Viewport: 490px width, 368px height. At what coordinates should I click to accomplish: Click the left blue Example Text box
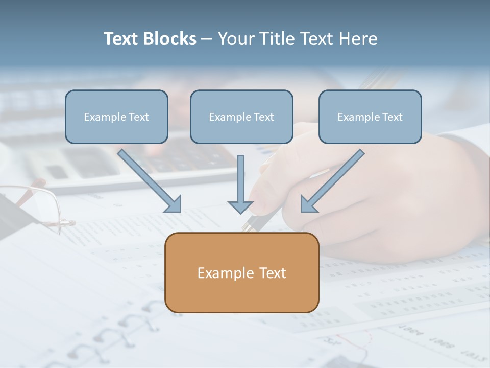pyautogui.click(x=116, y=117)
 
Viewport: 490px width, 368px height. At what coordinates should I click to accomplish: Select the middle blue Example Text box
pyautogui.click(x=241, y=117)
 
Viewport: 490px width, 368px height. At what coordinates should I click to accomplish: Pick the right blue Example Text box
pyautogui.click(x=370, y=117)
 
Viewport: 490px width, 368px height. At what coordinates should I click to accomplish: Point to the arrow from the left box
pyautogui.click(x=148, y=179)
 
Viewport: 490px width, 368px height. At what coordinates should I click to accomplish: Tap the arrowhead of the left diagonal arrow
pyautogui.click(x=174, y=204)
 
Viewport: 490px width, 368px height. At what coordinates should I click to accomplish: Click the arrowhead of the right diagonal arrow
pyautogui.click(x=308, y=204)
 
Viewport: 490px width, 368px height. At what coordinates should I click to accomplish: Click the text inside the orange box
pyautogui.click(x=241, y=273)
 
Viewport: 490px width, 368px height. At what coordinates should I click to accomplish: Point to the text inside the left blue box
pyautogui.click(x=116, y=117)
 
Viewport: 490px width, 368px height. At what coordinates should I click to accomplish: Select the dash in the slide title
pyautogui.click(x=207, y=39)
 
